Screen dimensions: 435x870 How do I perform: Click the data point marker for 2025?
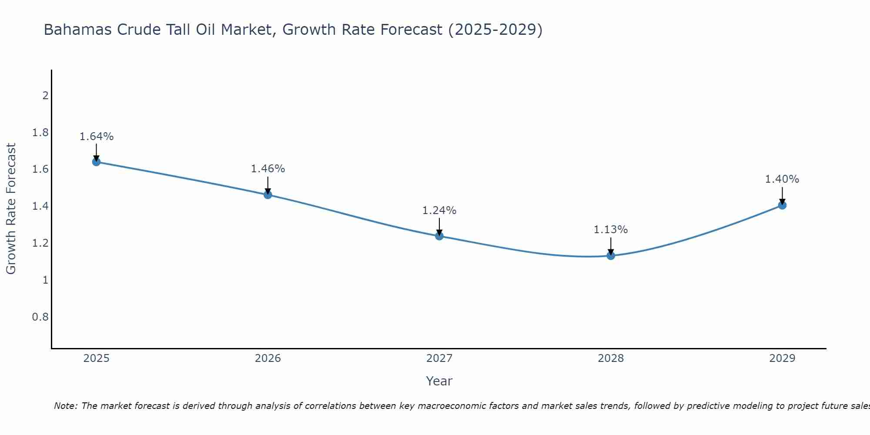[96, 162]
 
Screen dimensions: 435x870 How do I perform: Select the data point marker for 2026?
[268, 194]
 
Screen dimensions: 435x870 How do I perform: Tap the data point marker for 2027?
[439, 236]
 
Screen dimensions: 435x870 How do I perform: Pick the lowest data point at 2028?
[611, 255]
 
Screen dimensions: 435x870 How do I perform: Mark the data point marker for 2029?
[782, 205]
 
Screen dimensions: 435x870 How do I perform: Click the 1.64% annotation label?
[96, 137]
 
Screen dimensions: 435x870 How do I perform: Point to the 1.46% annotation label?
[268, 169]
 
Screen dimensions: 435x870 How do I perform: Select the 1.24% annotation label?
[439, 211]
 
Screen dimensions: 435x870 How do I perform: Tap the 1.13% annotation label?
[611, 230]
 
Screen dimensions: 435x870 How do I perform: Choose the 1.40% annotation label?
[782, 179]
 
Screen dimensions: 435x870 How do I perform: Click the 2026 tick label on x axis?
[268, 358]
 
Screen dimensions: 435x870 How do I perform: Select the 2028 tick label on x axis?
[611, 358]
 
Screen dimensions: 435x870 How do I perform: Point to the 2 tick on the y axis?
[45, 95]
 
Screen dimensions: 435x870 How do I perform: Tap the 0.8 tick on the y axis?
[40, 317]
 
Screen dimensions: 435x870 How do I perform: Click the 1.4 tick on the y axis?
[40, 206]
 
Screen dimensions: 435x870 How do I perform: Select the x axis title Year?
[439, 381]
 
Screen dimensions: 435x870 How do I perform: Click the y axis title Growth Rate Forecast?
[11, 209]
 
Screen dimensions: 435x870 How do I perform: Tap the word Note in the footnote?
[65, 406]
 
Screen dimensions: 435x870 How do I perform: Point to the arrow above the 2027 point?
[439, 227]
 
